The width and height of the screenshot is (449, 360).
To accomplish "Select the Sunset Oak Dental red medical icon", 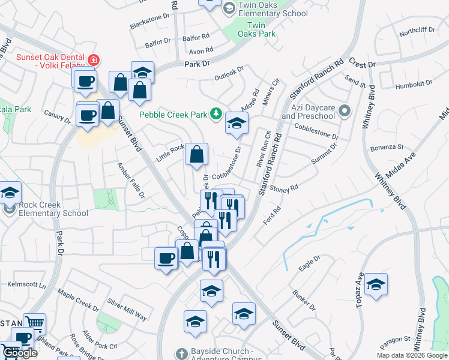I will coord(94,59).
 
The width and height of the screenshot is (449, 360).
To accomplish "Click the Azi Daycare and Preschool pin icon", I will coord(345,110).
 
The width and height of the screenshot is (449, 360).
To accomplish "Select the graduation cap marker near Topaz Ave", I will coord(376,284).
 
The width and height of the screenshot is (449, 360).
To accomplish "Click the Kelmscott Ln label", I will coord(26,284).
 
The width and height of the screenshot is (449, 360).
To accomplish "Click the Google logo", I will coord(19,352).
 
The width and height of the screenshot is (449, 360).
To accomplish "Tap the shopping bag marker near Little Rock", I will coord(196,155).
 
